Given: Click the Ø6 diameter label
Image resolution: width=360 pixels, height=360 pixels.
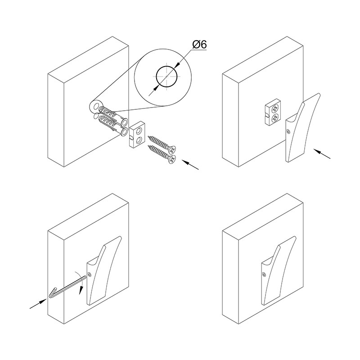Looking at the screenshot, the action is (200, 45).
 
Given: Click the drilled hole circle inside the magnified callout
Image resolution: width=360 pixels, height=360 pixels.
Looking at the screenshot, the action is (166, 76).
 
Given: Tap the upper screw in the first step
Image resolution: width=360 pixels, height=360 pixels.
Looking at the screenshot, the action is (162, 144).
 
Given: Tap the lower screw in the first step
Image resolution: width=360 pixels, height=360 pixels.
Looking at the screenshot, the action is (162, 154).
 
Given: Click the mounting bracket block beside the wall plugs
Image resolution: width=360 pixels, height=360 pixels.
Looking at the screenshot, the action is (136, 135).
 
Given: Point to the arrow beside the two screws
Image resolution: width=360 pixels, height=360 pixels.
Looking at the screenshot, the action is (190, 165).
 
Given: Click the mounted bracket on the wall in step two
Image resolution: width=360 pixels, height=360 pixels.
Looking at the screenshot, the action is (273, 112).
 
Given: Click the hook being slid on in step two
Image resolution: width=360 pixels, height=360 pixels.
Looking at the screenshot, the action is (301, 128).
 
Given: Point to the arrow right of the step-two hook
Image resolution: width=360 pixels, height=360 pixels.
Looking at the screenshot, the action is (322, 154).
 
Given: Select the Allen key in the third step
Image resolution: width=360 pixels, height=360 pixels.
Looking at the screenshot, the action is (67, 288).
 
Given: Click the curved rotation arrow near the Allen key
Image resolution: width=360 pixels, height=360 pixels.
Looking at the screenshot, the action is (80, 281).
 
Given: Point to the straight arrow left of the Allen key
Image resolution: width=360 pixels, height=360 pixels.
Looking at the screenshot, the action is (38, 304).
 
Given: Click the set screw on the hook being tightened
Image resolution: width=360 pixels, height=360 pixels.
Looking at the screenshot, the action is (89, 274).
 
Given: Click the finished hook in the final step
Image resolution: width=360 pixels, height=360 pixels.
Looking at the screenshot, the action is (279, 271).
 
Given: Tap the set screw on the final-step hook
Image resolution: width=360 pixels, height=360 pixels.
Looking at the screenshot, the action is (265, 274).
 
